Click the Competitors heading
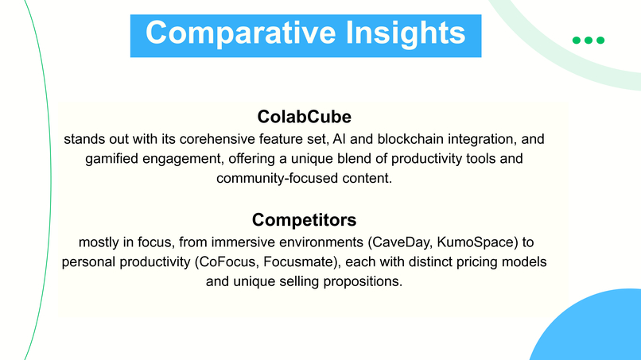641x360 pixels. (x=304, y=219)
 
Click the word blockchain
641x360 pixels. (x=403, y=138)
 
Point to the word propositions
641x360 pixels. (x=363, y=281)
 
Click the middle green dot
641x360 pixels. (x=589, y=41)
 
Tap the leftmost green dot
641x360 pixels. (x=577, y=41)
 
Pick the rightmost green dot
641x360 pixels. (x=600, y=41)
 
